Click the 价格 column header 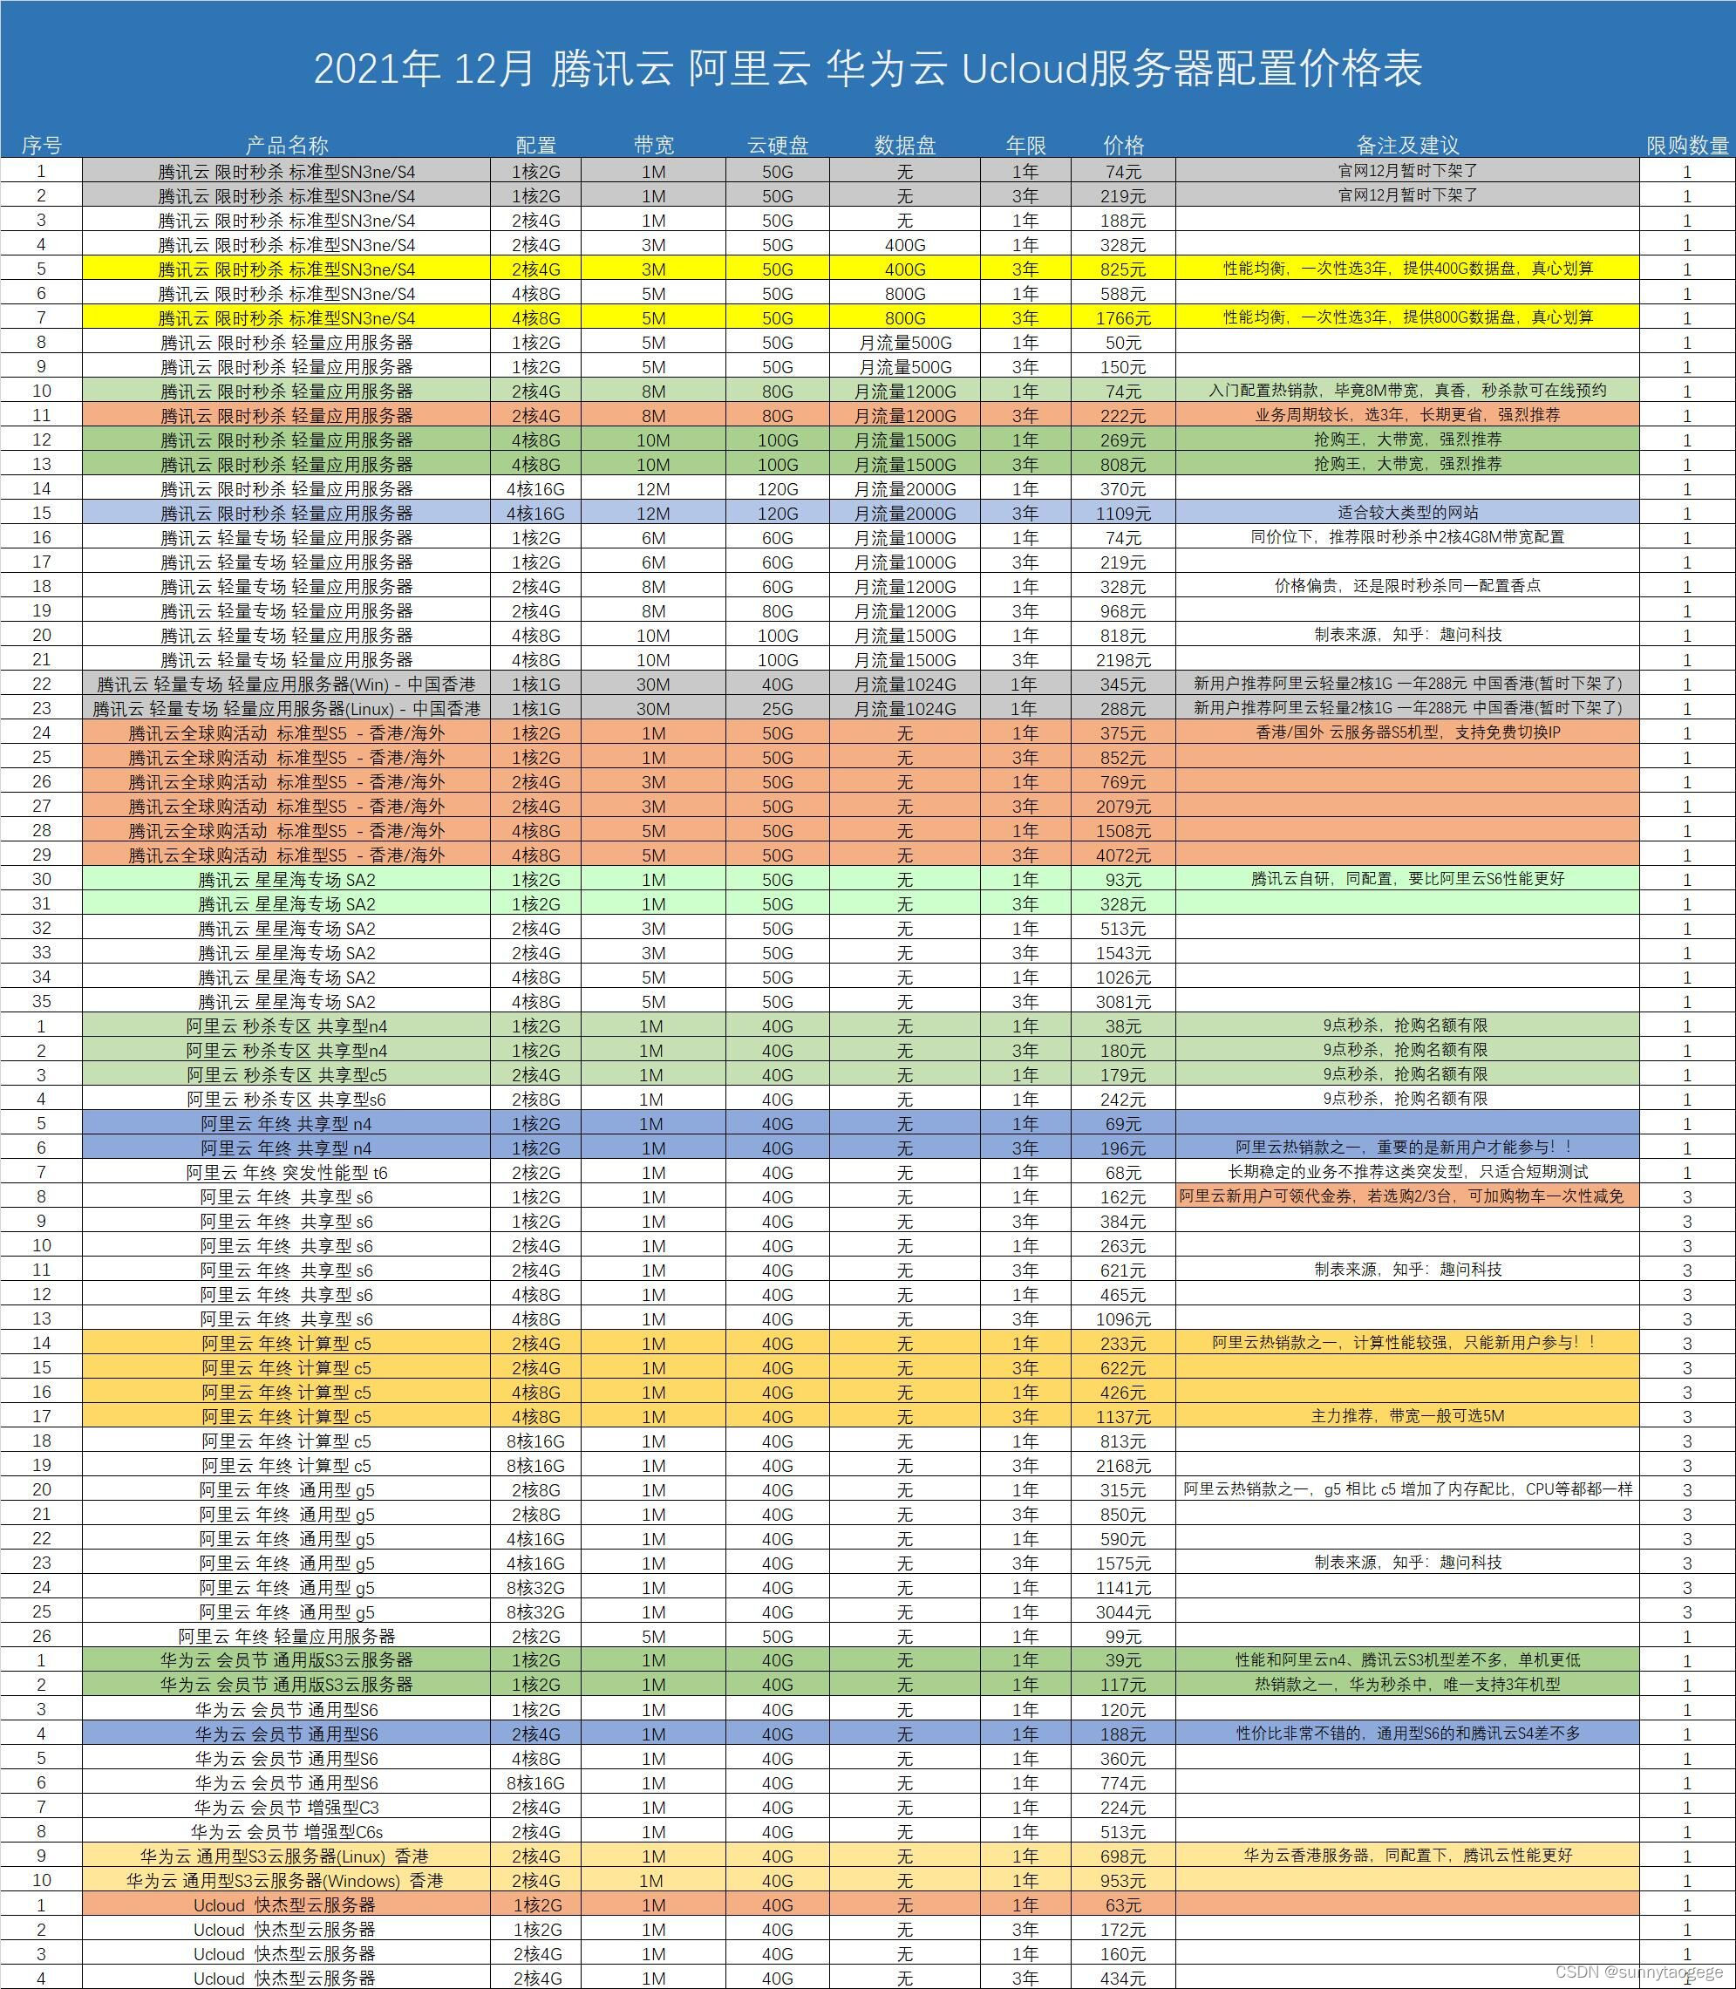click(x=1123, y=146)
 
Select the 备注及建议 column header click(x=1406, y=146)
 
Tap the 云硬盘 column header click(x=777, y=146)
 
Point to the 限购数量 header click(x=1686, y=146)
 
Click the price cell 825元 click(x=1123, y=269)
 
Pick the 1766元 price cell click(x=1123, y=317)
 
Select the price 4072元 click(x=1123, y=855)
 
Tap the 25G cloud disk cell click(x=777, y=708)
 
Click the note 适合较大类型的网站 click(x=1406, y=513)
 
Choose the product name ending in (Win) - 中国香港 click(x=287, y=684)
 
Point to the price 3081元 click(x=1123, y=1002)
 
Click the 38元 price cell click(x=1123, y=1026)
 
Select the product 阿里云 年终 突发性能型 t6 click(x=287, y=1172)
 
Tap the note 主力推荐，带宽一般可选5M click(x=1406, y=1416)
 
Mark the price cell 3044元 click(x=1123, y=1612)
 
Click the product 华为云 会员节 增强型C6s click(x=287, y=1832)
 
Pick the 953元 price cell click(x=1123, y=1881)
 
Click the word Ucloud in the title click(x=1022, y=68)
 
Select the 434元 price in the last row click(x=1123, y=1979)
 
